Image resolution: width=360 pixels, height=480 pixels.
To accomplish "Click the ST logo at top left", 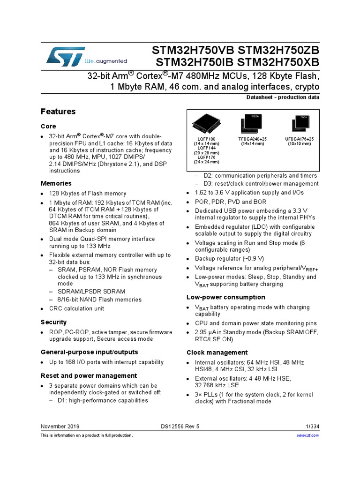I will (x=65, y=56).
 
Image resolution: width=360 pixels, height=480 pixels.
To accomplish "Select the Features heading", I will (x=58, y=112).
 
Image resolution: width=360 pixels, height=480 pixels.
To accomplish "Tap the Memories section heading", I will (x=56, y=183).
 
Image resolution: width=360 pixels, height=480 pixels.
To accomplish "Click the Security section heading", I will (x=53, y=322).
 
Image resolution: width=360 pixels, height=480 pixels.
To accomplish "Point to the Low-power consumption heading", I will (x=225, y=297).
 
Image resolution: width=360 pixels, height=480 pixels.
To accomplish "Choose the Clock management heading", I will (x=217, y=352).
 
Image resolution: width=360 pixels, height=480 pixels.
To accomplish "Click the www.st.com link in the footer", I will (x=308, y=435).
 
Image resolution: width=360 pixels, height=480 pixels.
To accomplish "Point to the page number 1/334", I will (x=312, y=427).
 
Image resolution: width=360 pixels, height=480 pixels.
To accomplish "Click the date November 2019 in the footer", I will (x=60, y=427).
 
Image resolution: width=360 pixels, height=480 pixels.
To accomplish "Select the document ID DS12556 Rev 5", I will (x=180, y=427).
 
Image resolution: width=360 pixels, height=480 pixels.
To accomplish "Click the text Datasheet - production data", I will (x=283, y=97).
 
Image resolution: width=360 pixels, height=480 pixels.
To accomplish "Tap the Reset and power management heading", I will (x=89, y=375).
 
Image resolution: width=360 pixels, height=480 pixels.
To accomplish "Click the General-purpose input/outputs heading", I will (x=89, y=352).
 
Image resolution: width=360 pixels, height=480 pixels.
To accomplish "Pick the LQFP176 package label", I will (x=206, y=157).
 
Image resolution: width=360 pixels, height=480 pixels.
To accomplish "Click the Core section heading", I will (x=48, y=126).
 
